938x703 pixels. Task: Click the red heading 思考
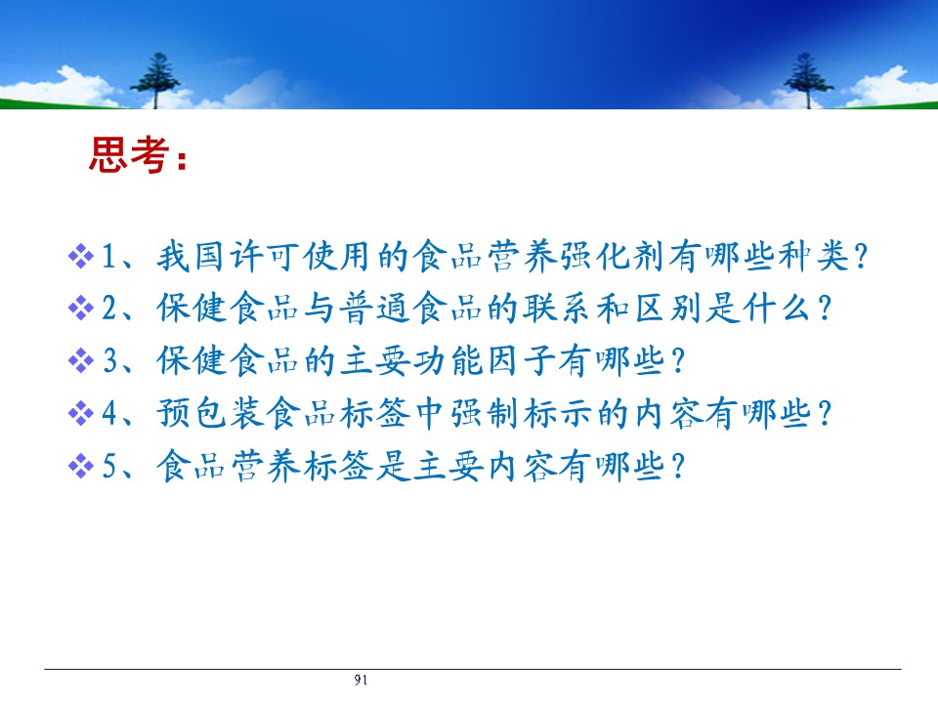click(x=129, y=155)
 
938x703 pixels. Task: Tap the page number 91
click(x=361, y=680)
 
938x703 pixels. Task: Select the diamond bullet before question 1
click(x=81, y=257)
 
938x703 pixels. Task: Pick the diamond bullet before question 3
click(x=81, y=361)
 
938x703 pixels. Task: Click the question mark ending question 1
click(x=861, y=257)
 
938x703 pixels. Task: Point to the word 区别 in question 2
click(x=668, y=309)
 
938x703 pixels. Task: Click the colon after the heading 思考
click(x=182, y=158)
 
